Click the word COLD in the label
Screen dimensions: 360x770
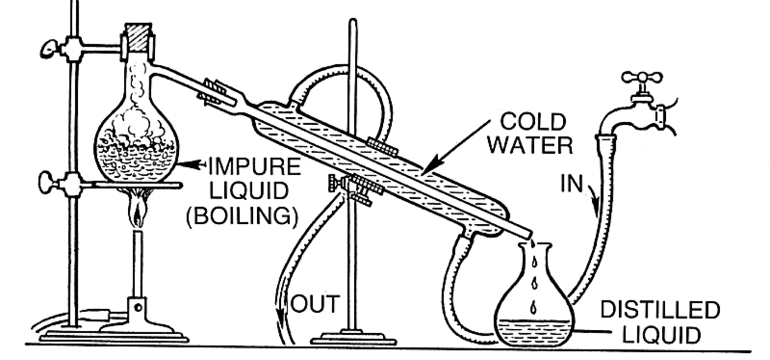[533, 122]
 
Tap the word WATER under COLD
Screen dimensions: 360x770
[530, 145]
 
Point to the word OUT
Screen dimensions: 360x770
[315, 304]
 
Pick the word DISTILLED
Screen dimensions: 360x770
[660, 310]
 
